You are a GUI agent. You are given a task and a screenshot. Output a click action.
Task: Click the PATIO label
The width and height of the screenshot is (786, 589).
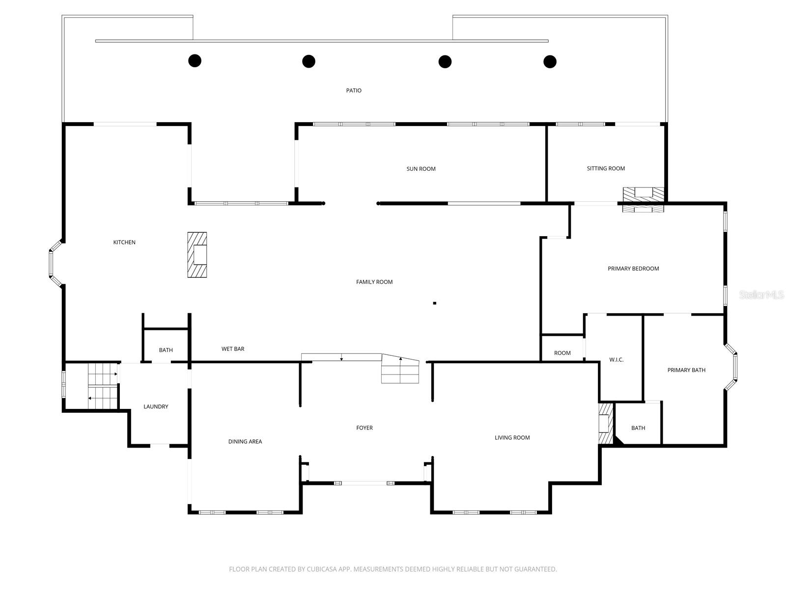[x=354, y=90]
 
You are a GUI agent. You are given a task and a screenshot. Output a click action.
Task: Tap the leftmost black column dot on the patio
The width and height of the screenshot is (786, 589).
[x=195, y=61]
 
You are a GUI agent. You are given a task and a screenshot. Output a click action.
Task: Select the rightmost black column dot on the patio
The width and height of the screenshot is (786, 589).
[x=550, y=61]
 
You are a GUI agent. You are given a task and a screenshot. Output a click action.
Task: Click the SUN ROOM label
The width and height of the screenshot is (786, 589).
[x=421, y=169]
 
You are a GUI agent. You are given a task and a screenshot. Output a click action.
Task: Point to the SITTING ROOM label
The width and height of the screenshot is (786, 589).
[x=606, y=168]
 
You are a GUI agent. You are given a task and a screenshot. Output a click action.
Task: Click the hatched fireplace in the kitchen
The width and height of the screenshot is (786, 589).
[x=197, y=255]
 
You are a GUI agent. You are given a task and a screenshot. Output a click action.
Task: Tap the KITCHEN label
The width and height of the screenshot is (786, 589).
[x=124, y=242]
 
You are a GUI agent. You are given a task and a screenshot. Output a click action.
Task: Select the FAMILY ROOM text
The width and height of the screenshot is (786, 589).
[x=374, y=282]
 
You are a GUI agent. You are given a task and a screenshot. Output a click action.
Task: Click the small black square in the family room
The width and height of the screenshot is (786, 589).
[x=435, y=303]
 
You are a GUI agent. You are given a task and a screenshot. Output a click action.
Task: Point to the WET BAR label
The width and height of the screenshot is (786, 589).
[x=233, y=349]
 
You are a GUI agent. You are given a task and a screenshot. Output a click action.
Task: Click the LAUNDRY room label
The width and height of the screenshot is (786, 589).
[x=156, y=406]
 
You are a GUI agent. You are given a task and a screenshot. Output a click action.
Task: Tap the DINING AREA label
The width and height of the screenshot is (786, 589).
[x=245, y=441]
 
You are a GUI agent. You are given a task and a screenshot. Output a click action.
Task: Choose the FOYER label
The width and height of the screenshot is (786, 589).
[x=365, y=428]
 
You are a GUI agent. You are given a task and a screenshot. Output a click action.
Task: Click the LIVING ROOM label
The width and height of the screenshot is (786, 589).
[x=512, y=437]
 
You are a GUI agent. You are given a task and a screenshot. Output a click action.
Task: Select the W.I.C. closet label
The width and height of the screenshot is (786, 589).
[x=616, y=360]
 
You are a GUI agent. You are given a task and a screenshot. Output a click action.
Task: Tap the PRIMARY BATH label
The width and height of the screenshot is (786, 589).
[x=686, y=370]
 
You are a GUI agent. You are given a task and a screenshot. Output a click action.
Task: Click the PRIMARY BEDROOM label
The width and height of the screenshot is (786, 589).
[x=633, y=268]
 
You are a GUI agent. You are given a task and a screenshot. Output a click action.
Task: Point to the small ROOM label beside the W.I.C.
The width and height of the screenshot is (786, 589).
[x=562, y=353]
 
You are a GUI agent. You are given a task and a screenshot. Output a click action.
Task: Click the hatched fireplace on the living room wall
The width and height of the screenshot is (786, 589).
[x=606, y=424]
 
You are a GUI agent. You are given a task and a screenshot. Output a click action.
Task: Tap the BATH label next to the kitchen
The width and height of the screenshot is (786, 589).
[x=166, y=350]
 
